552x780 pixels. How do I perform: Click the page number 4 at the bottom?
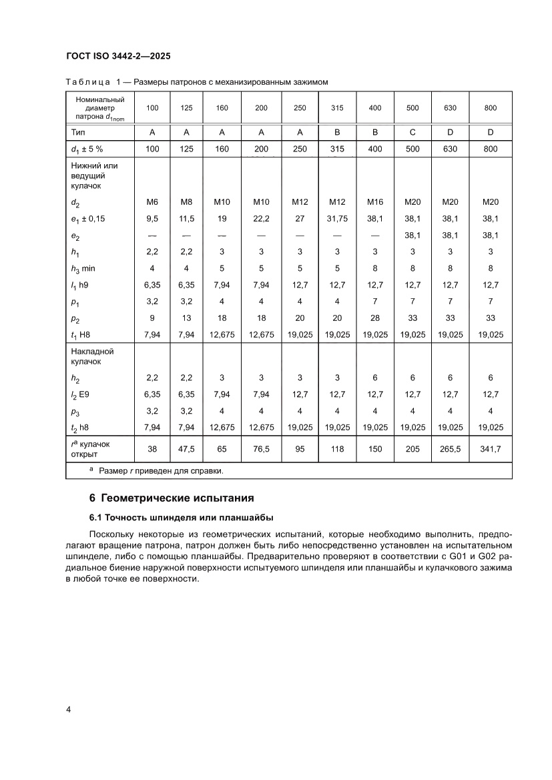click(x=69, y=709)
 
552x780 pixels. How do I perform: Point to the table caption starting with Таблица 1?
click(x=198, y=82)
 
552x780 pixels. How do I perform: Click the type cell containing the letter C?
click(x=412, y=132)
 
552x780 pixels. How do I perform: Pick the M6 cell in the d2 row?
click(x=152, y=202)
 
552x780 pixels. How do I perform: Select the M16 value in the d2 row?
click(x=375, y=202)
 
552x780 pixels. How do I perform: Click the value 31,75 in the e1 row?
click(x=337, y=218)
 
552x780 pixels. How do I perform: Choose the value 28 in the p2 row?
click(x=375, y=318)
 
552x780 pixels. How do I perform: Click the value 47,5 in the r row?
click(x=186, y=449)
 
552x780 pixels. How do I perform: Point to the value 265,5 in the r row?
click(x=450, y=449)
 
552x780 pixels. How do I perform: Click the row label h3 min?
click(x=84, y=268)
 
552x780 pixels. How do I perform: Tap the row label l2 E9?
click(x=81, y=394)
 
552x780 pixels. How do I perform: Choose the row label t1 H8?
click(x=81, y=335)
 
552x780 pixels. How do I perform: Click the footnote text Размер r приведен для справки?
click(x=160, y=470)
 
